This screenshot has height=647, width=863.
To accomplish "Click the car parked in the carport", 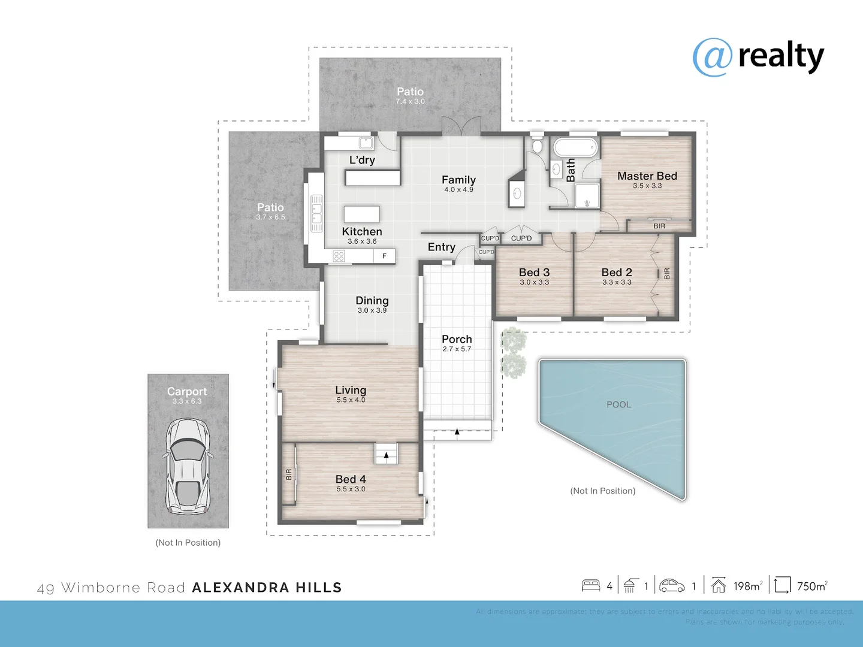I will (x=188, y=466).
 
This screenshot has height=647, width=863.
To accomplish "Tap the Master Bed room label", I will (x=647, y=176).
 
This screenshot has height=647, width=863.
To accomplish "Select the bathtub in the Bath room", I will (x=575, y=147).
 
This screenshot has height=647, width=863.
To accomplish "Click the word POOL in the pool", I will (x=618, y=404).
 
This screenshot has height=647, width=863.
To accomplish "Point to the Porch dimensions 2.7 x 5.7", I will (x=457, y=349).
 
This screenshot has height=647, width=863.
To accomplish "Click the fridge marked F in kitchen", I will (x=384, y=256).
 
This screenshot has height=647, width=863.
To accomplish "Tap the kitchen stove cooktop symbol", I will (x=339, y=256).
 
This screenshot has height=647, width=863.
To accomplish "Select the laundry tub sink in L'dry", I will (x=365, y=143).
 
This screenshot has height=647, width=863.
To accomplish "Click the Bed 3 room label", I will (x=534, y=273).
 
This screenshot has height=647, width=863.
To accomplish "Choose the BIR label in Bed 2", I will (x=666, y=274).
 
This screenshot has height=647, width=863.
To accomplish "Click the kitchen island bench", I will (x=361, y=214).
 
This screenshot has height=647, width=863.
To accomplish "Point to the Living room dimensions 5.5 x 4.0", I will (x=351, y=400).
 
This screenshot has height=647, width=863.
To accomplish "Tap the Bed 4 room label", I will (x=351, y=479).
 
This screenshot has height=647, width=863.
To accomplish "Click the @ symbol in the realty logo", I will (x=712, y=58).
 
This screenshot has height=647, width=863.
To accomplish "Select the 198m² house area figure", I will (x=747, y=586).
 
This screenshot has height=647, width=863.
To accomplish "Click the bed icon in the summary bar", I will (x=591, y=585).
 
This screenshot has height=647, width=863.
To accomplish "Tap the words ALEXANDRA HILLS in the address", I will (x=267, y=588).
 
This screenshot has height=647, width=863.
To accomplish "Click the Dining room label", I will (x=372, y=301).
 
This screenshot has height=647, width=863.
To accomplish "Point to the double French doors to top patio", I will (x=461, y=126).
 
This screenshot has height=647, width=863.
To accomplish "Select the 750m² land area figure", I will (x=811, y=586).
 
